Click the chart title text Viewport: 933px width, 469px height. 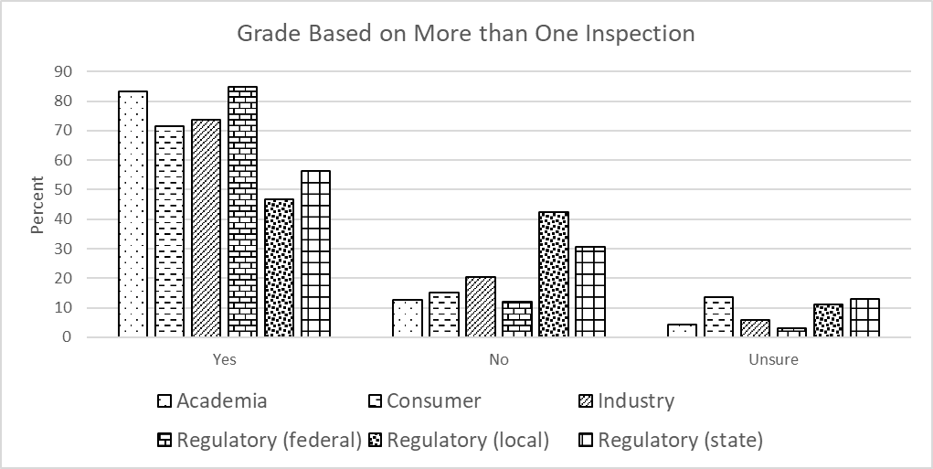466,34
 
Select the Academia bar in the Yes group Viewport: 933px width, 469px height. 133,214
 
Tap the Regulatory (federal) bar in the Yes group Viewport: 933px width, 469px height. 242,211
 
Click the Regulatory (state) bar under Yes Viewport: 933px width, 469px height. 315,253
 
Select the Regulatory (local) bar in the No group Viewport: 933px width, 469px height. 553,274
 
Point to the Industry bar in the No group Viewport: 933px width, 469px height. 480,306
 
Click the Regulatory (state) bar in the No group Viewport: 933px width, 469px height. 589,292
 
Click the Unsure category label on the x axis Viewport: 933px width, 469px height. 773,359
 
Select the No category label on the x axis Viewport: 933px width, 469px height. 498,359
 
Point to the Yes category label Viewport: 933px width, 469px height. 224,359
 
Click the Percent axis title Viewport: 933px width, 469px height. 37,204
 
